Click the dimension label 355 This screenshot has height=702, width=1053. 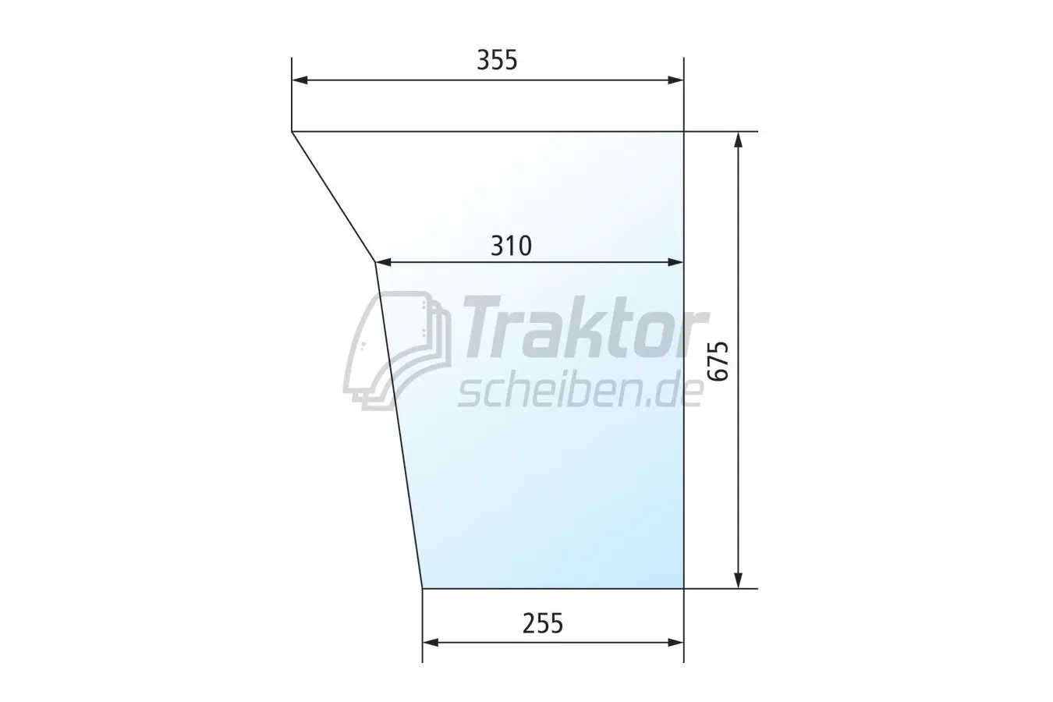[x=497, y=60]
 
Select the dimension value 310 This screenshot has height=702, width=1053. [x=511, y=246]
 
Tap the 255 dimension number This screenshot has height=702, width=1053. [x=542, y=624]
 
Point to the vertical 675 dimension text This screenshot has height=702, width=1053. [x=718, y=362]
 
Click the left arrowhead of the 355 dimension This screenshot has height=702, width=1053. [x=300, y=80]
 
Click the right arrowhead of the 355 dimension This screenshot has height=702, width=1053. [x=675, y=80]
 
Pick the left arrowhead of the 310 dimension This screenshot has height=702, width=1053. [x=384, y=262]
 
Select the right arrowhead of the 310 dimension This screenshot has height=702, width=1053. [x=675, y=262]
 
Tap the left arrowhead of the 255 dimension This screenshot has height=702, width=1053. [x=431, y=643]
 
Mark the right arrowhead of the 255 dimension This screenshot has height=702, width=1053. [x=675, y=643]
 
